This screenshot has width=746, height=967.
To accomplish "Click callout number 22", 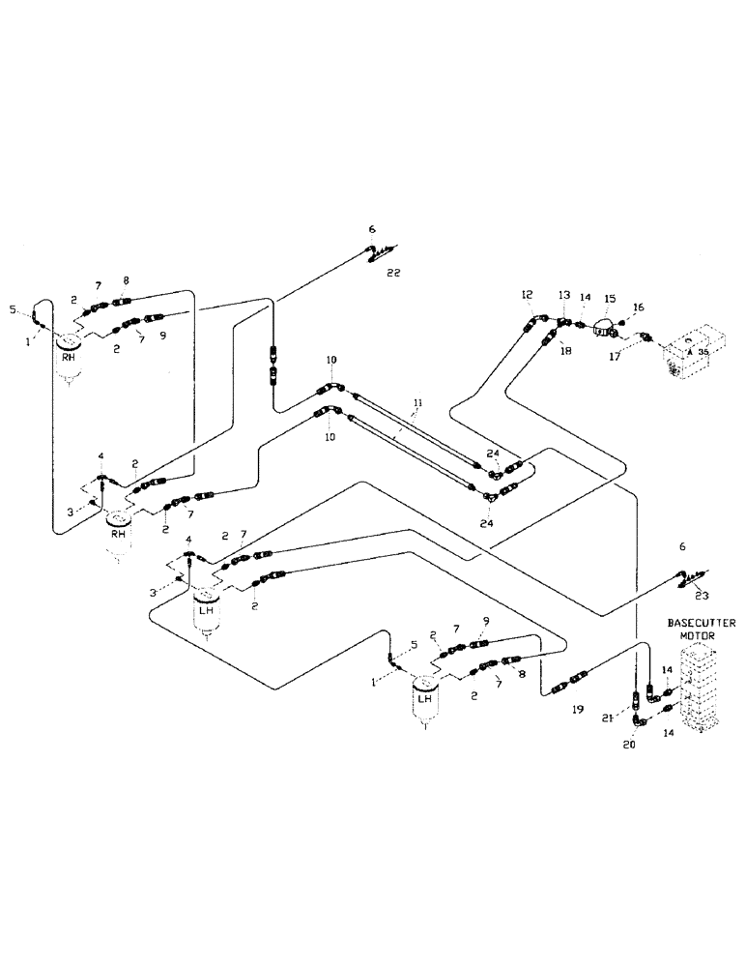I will pyautogui.click(x=392, y=273).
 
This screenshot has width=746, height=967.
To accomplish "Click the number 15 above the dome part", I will pyautogui.click(x=609, y=300).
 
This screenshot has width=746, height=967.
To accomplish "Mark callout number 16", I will pyautogui.click(x=639, y=308).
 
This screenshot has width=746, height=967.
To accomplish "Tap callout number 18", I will pyautogui.click(x=565, y=353).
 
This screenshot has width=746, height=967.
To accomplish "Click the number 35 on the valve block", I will pyautogui.click(x=704, y=353).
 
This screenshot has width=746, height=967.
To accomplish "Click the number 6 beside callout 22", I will pyautogui.click(x=371, y=229).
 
